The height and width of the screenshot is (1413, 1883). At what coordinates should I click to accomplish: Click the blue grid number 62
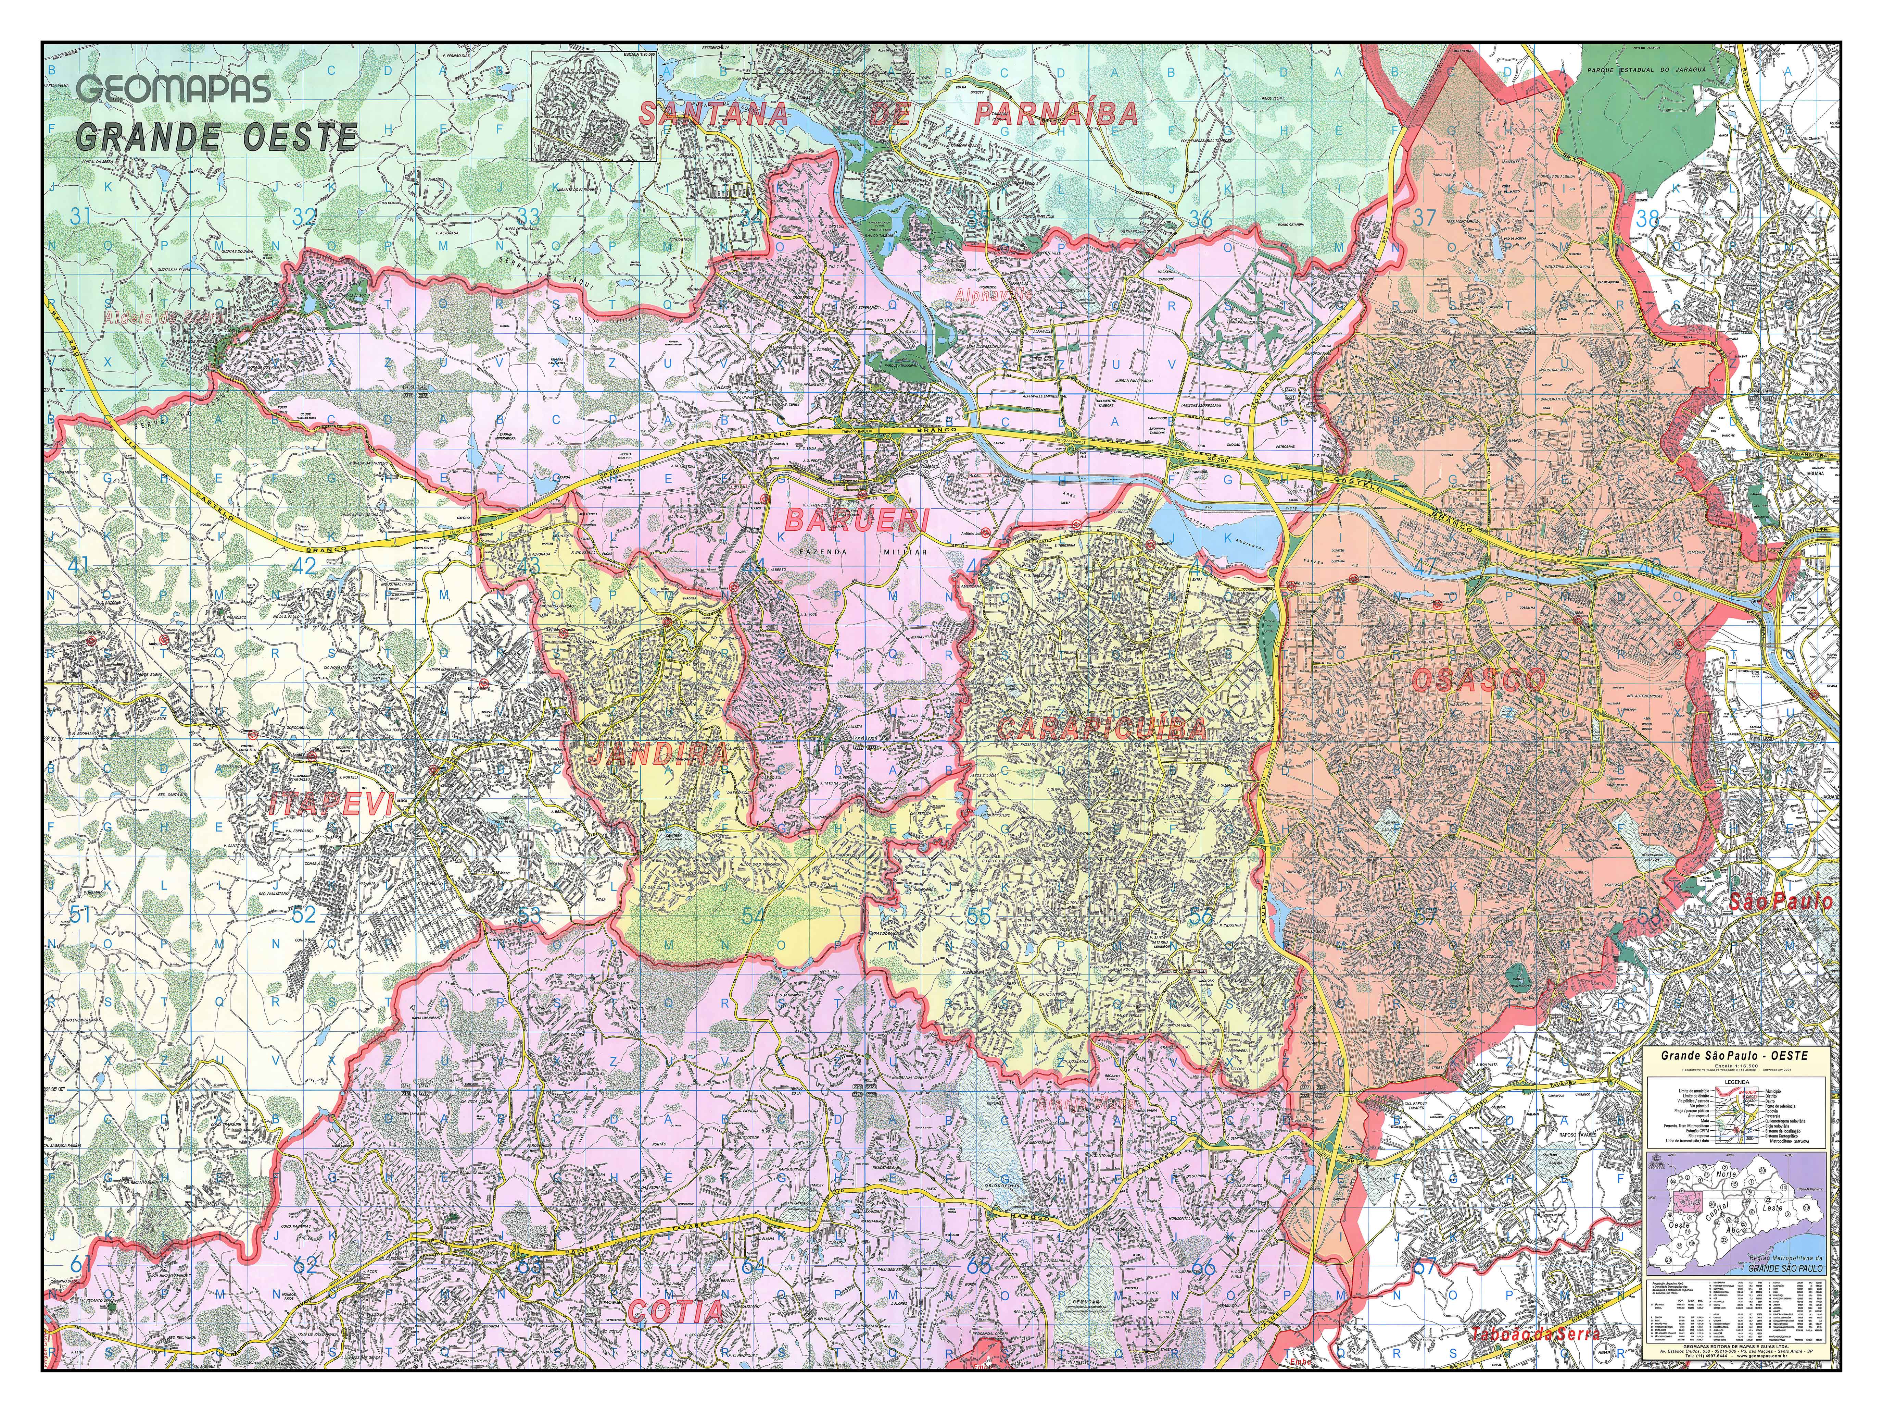304,1266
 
